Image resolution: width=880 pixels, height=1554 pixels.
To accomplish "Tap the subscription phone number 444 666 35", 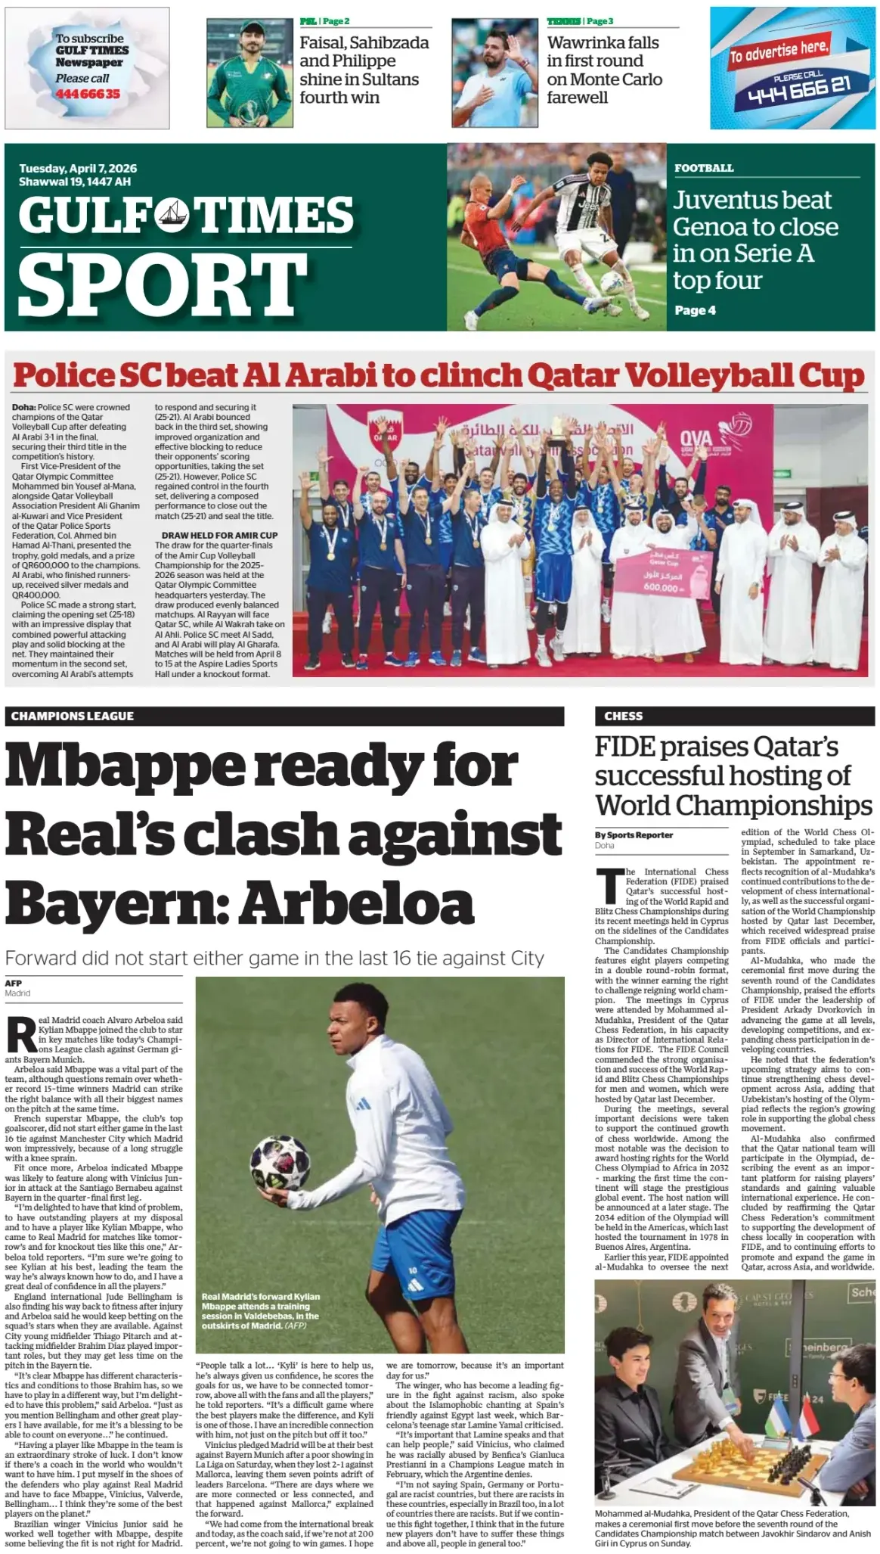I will (x=88, y=94).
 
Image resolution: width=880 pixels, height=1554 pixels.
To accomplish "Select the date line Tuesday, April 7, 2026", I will (x=78, y=169).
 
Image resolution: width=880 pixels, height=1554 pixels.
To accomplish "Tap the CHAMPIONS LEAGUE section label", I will (x=73, y=716).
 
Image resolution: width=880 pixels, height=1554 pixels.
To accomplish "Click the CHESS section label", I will (x=624, y=716).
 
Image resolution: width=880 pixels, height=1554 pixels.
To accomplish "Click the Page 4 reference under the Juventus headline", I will (x=695, y=310).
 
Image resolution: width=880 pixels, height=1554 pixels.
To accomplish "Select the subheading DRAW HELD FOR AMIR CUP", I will (x=219, y=535).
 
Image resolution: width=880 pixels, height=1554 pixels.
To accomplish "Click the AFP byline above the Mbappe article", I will (x=14, y=983).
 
